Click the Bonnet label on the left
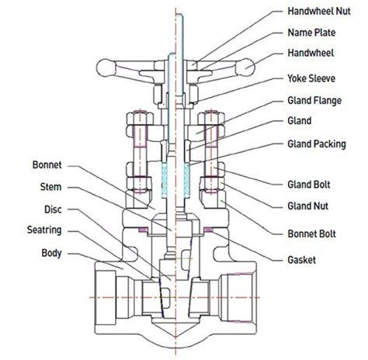[x=47, y=165]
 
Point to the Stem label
[x=51, y=187]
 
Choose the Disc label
[x=52, y=209]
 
